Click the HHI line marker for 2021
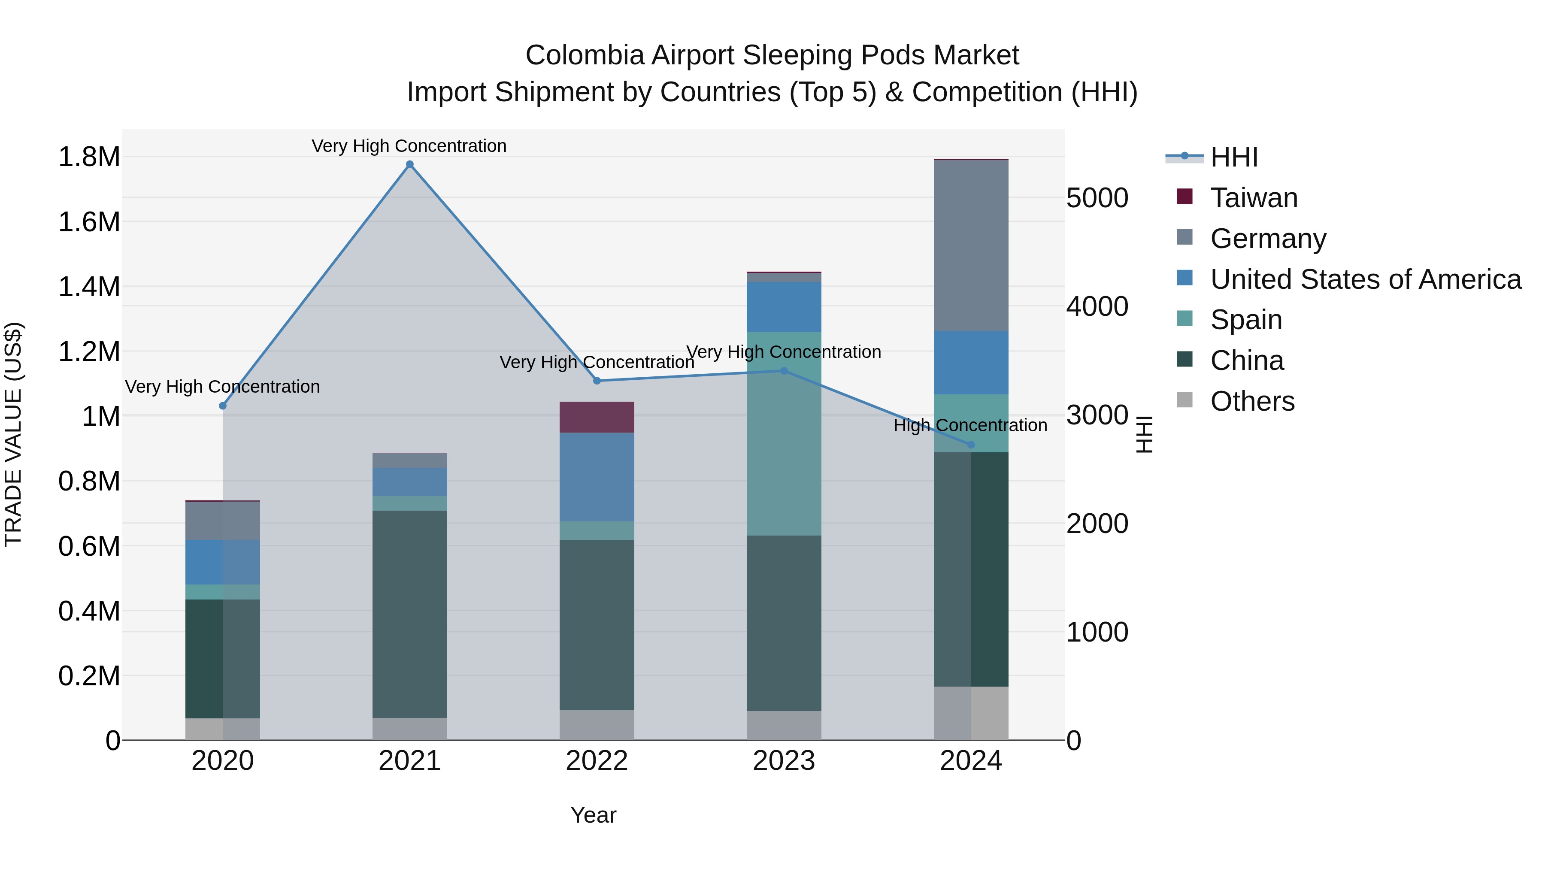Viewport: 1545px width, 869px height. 410,164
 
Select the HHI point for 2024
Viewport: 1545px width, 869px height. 971,445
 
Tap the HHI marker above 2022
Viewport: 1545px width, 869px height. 597,381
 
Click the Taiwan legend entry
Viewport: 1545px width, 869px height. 1254,198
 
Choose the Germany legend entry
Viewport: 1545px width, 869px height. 1268,239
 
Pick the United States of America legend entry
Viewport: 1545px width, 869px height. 1365,279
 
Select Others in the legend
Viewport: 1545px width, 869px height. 1252,401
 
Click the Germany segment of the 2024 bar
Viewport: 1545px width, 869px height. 971,246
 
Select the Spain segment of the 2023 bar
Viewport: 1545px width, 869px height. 784,433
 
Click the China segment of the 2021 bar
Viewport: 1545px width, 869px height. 410,614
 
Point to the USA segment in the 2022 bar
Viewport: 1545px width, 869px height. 597,477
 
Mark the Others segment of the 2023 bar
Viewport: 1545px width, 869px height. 784,725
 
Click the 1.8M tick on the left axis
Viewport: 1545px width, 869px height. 89,157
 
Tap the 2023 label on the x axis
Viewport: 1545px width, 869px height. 784,761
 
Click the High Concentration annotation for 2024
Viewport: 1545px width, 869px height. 970,425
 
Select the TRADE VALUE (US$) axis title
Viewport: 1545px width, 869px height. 13,434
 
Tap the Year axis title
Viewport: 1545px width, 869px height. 593,815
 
